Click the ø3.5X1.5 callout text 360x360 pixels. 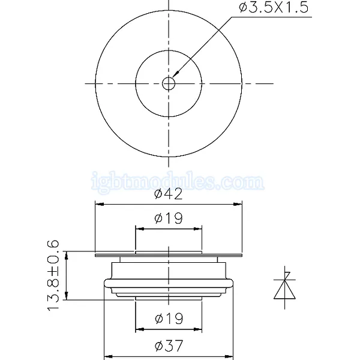(274, 8)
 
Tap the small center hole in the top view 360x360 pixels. (169, 83)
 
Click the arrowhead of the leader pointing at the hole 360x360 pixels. (176, 74)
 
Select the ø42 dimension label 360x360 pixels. (169, 194)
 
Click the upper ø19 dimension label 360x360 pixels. (169, 218)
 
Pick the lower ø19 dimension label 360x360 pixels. (169, 319)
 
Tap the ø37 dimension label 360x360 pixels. (169, 346)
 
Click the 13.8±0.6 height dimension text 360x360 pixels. (53, 275)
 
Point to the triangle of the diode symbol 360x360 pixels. (284, 290)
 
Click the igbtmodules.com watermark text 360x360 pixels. (178, 181)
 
